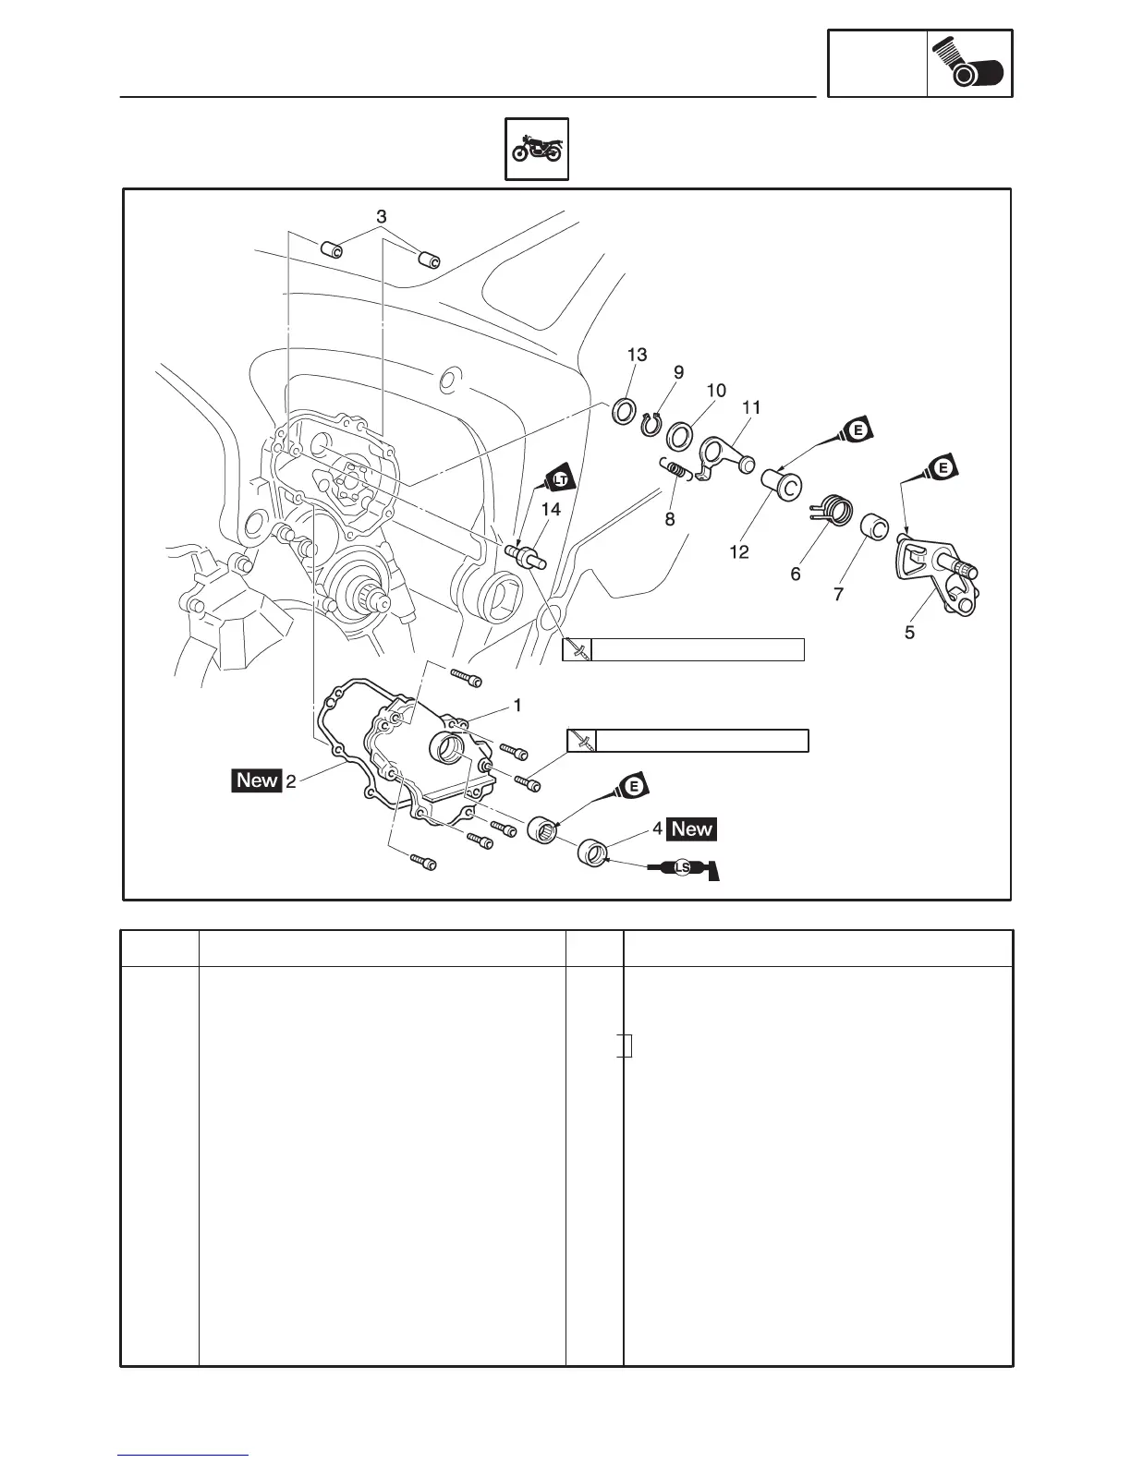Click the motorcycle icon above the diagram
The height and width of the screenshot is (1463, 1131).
click(537, 149)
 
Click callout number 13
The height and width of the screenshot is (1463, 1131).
click(637, 356)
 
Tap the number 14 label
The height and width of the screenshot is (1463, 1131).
click(551, 509)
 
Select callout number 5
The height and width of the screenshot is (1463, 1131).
click(910, 633)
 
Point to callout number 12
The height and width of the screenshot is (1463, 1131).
click(738, 551)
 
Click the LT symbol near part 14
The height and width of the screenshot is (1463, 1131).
click(560, 479)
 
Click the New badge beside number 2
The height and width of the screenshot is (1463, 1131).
click(257, 780)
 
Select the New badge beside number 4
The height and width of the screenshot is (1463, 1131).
click(692, 828)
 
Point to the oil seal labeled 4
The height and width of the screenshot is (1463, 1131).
click(591, 852)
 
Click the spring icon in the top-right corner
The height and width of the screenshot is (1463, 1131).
click(969, 64)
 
